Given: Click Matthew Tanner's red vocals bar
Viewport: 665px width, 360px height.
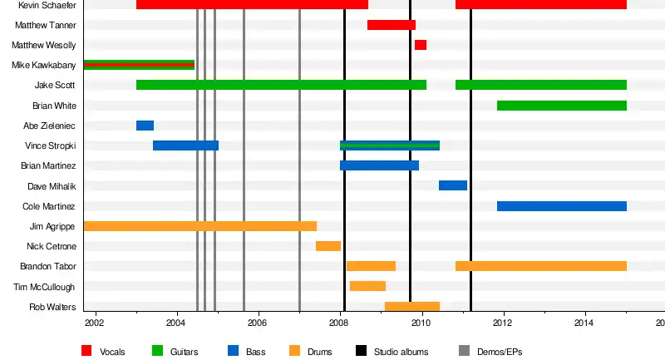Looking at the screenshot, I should [391, 25].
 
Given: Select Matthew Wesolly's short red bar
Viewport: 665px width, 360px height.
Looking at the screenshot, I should [421, 45].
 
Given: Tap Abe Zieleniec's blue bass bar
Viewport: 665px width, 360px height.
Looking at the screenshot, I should [145, 126].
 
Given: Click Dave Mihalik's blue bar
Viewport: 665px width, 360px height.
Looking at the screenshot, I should [453, 185].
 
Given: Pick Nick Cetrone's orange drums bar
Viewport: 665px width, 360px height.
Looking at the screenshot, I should [328, 246].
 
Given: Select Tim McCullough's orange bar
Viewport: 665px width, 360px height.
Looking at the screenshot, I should [367, 286].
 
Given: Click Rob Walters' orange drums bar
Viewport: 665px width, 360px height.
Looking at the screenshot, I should [411, 307].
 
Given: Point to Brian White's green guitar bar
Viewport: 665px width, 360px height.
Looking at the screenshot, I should [561, 106].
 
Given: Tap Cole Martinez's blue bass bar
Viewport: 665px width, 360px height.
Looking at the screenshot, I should [561, 206].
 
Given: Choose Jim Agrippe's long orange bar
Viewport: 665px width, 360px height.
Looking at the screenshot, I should [199, 226].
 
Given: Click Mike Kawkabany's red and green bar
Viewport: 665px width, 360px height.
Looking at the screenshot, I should [139, 65].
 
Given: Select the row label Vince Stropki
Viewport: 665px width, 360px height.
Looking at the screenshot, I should [51, 145].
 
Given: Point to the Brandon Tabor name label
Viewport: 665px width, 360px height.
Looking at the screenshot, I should [48, 267].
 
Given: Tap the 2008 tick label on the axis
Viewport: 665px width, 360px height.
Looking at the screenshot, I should [339, 323].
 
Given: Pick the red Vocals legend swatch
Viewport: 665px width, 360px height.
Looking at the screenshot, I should [86, 351].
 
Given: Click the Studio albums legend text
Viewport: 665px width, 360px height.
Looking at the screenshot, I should [401, 352].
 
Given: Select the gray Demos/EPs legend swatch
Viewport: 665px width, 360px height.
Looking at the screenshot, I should [465, 351].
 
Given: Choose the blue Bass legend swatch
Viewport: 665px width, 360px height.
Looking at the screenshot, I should [234, 351].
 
